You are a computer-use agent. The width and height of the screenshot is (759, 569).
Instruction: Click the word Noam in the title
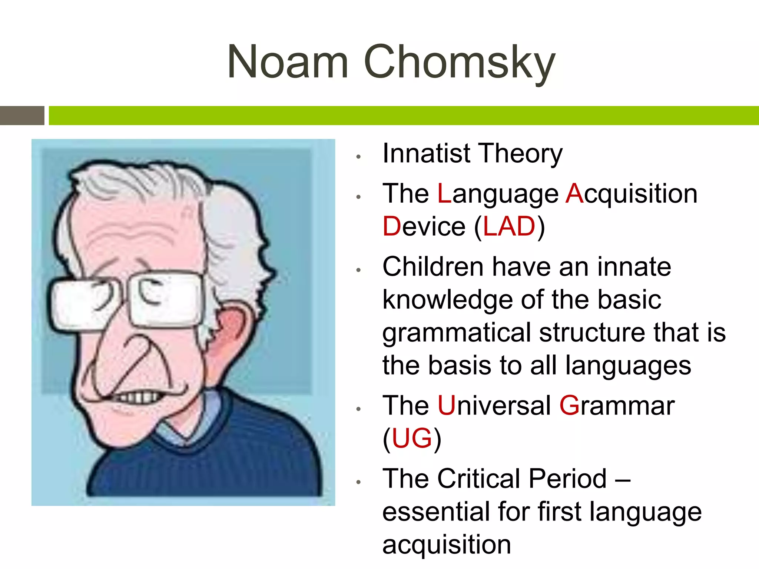pyautogui.click(x=288, y=62)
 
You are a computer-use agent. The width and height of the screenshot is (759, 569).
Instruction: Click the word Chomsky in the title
pyautogui.click(x=460, y=62)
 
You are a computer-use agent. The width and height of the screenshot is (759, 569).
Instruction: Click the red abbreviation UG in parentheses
pyautogui.click(x=412, y=439)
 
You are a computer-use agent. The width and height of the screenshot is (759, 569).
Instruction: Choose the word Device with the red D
pyautogui.click(x=424, y=227)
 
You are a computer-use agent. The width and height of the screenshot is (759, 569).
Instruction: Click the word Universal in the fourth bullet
pyautogui.click(x=494, y=406)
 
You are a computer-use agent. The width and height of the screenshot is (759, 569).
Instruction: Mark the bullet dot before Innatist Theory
pyautogui.click(x=358, y=157)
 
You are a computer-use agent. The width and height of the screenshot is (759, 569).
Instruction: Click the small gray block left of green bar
pyautogui.click(x=22, y=116)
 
